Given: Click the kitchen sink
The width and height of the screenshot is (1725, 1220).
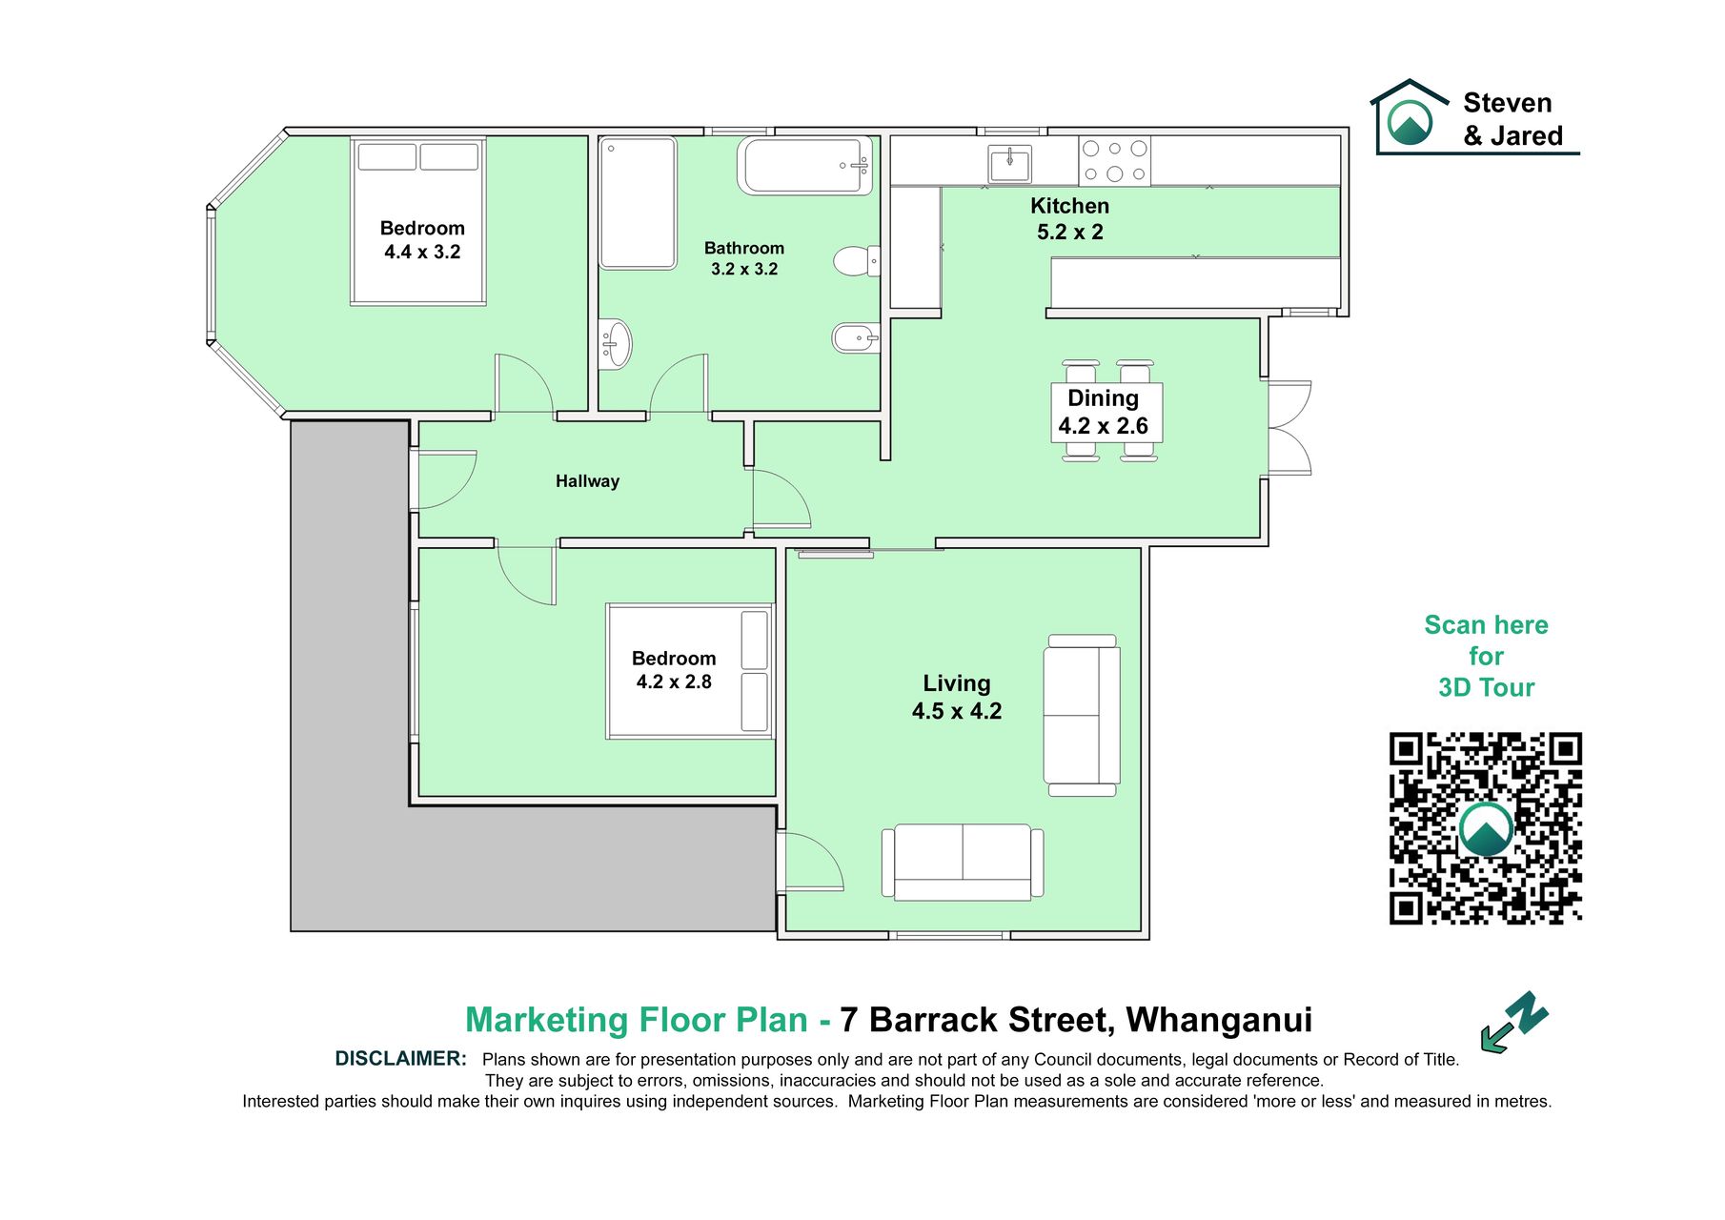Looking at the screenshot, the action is pyautogui.click(x=1009, y=163).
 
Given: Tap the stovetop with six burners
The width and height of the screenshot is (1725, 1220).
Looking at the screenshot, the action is pyautogui.click(x=1114, y=160).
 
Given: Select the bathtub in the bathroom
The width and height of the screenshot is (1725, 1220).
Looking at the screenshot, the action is pyautogui.click(x=805, y=166).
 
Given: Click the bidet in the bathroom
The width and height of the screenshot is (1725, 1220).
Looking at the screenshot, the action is pyautogui.click(x=855, y=337).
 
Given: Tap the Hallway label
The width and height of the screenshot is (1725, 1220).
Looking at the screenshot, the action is pyautogui.click(x=587, y=481).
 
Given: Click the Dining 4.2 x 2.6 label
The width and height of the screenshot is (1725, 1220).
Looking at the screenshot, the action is pyautogui.click(x=1103, y=412).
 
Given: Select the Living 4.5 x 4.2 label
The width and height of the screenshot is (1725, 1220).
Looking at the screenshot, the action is pyautogui.click(x=957, y=697).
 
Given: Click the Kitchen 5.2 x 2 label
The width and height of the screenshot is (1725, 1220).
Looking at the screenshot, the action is pyautogui.click(x=1069, y=218).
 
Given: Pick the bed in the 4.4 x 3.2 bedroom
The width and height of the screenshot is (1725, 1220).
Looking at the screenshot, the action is pyautogui.click(x=418, y=221).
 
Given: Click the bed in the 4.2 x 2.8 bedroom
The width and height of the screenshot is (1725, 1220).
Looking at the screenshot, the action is pyautogui.click(x=690, y=671).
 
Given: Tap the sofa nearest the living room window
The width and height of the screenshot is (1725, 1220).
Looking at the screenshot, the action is pyautogui.click(x=963, y=863).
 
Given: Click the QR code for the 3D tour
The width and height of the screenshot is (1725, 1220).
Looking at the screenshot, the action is pyautogui.click(x=1485, y=828).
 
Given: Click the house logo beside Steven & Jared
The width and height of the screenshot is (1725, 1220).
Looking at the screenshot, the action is pyautogui.click(x=1409, y=115).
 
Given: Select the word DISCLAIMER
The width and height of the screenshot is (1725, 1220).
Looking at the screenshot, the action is pyautogui.click(x=400, y=1059).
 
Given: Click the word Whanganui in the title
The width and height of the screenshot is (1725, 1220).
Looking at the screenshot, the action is pyautogui.click(x=1219, y=1020).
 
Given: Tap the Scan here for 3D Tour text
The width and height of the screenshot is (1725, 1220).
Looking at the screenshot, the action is pyautogui.click(x=1486, y=657).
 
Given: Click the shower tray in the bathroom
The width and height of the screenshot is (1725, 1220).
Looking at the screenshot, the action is pyautogui.click(x=638, y=203).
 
